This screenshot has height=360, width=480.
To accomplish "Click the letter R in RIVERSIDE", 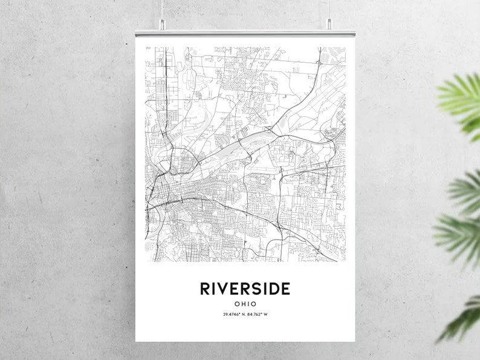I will [x=205, y=288].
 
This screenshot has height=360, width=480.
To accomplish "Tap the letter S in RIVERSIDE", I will [x=256, y=288].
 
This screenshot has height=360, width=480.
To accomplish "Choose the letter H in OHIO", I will [x=242, y=304].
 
